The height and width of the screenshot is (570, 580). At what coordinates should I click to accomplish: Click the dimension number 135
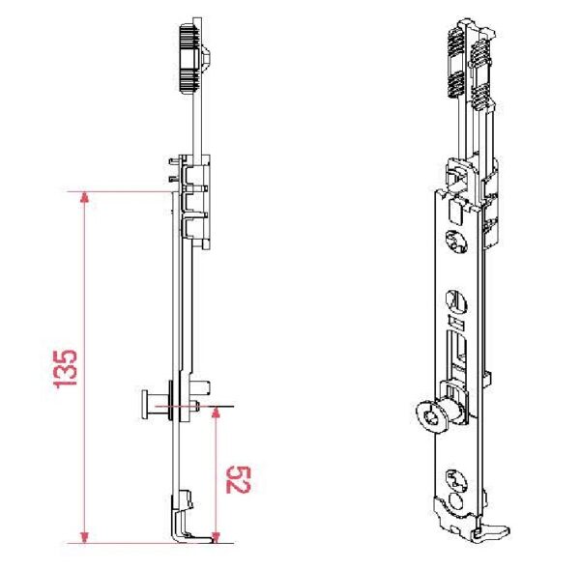click(66, 368)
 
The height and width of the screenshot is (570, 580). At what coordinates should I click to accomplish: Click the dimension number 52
click(238, 479)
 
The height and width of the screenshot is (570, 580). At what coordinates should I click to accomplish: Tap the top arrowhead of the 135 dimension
click(85, 198)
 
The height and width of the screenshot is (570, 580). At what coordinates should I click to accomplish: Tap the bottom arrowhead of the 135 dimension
click(85, 537)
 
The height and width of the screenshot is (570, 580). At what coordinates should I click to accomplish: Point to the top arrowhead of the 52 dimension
click(217, 413)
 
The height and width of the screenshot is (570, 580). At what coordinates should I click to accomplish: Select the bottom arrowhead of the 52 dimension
click(217, 537)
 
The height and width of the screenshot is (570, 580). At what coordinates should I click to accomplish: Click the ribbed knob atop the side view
click(190, 58)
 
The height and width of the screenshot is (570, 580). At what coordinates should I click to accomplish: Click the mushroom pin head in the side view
click(144, 405)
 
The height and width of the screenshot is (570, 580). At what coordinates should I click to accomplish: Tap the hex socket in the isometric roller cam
click(430, 418)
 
